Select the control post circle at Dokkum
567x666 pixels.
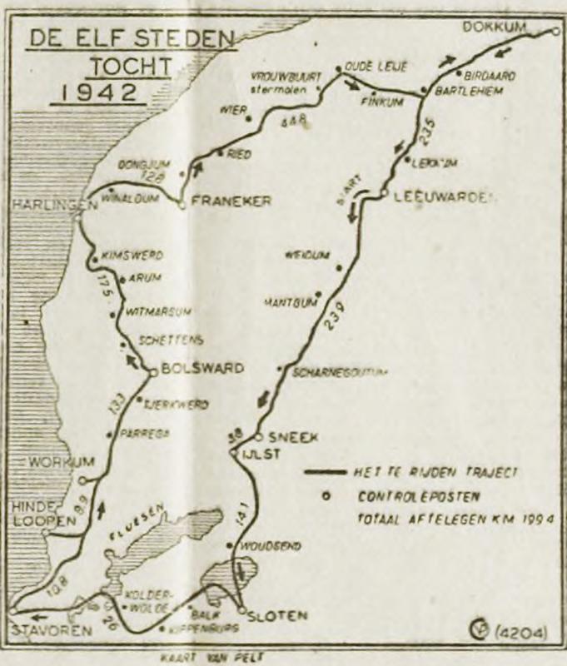(x=556, y=32)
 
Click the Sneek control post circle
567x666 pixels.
(x=259, y=435)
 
